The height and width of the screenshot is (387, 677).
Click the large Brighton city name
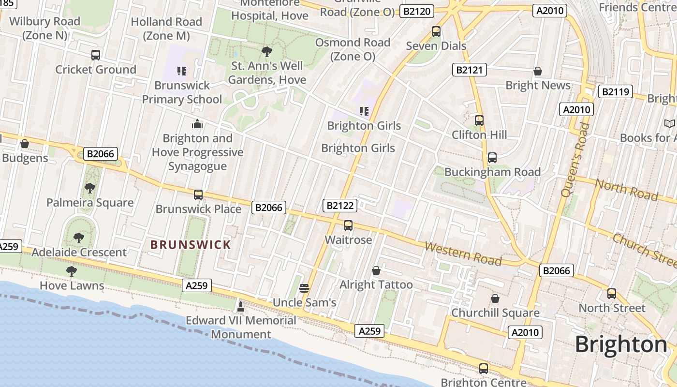pos(621,344)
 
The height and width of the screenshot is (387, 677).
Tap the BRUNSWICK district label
pos(191,245)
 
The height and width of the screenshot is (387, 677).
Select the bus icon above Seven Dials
pos(436,32)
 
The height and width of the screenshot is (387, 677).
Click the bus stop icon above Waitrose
pos(348,225)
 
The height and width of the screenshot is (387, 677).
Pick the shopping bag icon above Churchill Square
pos(495,298)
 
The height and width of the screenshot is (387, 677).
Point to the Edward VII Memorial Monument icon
pos(240,306)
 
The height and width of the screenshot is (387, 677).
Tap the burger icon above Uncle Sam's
pos(304,288)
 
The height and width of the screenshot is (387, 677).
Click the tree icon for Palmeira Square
pos(89,188)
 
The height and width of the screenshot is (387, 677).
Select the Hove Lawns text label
pos(72,285)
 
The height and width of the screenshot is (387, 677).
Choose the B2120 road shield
pos(417,11)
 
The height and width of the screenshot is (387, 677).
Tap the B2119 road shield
pos(616,91)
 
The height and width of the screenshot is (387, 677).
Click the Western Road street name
pos(463,253)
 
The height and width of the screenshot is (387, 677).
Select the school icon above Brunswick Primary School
pos(182,72)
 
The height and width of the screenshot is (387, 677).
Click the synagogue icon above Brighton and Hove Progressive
pos(197,124)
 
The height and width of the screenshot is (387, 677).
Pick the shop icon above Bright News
pos(537,72)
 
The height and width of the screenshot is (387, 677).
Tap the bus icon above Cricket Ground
pos(96,55)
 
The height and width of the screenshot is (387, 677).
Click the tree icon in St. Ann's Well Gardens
pos(266,52)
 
